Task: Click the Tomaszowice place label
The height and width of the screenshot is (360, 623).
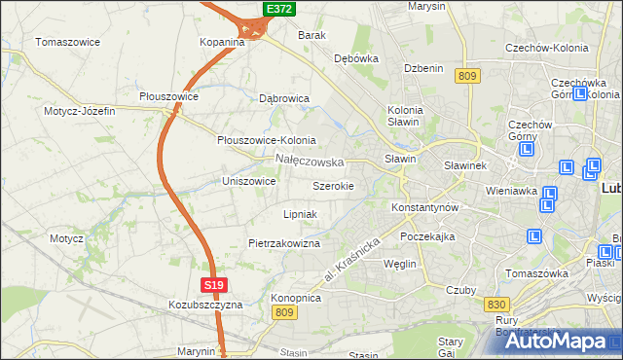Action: click(x=69, y=42)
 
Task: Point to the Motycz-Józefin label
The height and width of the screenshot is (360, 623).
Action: click(x=79, y=111)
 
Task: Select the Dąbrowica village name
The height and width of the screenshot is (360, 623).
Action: click(x=284, y=98)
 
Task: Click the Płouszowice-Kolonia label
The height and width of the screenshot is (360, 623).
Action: click(x=266, y=140)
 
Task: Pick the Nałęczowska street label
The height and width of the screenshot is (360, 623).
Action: click(x=310, y=160)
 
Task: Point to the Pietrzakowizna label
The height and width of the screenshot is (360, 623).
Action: click(x=284, y=243)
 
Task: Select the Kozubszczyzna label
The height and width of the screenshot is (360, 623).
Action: click(x=204, y=305)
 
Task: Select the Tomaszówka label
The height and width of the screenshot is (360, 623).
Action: click(x=536, y=273)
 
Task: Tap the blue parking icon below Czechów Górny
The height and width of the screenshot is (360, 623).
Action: click(x=528, y=151)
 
